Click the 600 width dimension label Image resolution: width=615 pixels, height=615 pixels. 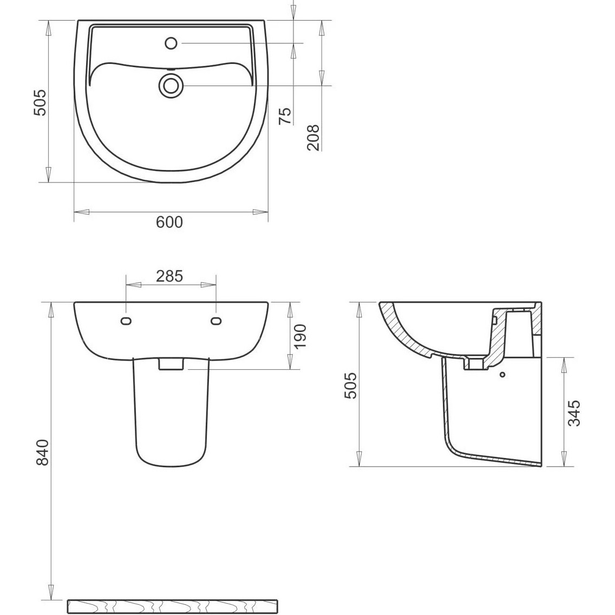(x=169, y=222)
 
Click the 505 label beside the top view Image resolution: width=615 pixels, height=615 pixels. (x=40, y=103)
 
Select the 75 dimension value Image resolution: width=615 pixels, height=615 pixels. (x=285, y=116)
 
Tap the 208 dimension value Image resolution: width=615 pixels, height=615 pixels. (x=313, y=138)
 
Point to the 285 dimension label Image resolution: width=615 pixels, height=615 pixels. (x=169, y=277)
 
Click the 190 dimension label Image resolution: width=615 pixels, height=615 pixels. (x=299, y=337)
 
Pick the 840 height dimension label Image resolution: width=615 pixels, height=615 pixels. (x=42, y=452)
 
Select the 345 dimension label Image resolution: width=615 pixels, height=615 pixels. (x=573, y=413)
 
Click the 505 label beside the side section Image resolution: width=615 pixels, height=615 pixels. (x=350, y=385)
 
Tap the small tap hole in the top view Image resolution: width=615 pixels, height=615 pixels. (x=171, y=43)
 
